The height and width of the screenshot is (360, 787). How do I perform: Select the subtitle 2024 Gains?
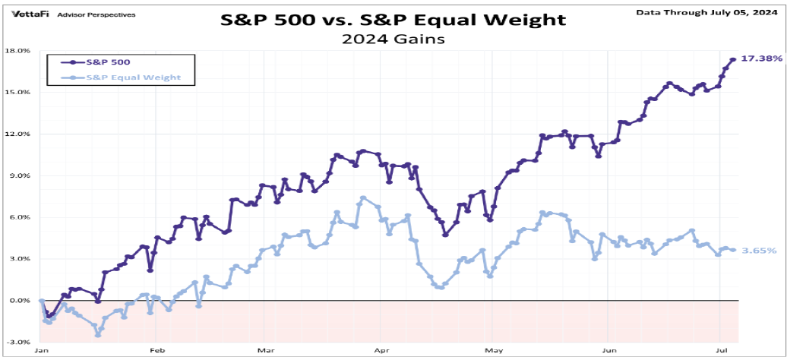393,38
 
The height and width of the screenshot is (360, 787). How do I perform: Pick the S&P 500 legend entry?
106,63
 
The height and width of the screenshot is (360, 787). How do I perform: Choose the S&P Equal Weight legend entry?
128,77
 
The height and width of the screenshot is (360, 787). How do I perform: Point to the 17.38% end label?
762,59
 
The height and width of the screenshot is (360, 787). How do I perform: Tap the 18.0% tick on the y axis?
18,51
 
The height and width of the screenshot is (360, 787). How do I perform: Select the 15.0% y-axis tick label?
18,93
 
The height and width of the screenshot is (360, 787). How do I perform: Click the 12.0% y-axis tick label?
18,134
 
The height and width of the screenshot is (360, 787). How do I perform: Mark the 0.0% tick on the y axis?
20,301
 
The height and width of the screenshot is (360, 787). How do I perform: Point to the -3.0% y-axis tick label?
18,343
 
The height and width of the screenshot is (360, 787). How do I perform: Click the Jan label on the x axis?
42,352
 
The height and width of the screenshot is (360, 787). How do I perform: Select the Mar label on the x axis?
265,352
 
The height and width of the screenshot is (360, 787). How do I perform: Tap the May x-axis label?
495,352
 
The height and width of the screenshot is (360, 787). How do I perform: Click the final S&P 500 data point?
733,59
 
